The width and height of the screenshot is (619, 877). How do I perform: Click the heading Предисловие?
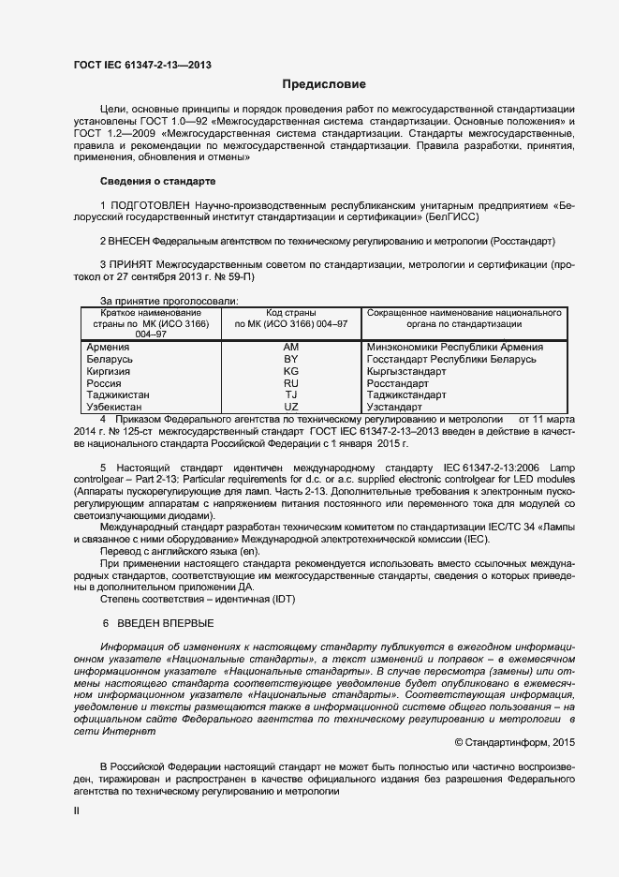click(318, 84)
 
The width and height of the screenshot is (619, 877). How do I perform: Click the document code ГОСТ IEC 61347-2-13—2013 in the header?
click(141, 65)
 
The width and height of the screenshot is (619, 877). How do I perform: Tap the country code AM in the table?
click(290, 347)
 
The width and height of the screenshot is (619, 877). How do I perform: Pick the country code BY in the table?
click(290, 359)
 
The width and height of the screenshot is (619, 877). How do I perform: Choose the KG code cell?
click(290, 371)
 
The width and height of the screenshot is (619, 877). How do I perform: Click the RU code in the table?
click(290, 383)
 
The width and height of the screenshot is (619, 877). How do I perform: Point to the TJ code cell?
click(290, 395)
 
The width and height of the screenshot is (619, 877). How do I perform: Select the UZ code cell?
click(290, 408)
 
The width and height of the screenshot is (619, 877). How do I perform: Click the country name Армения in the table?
click(108, 347)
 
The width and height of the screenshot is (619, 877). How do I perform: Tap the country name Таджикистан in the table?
click(118, 395)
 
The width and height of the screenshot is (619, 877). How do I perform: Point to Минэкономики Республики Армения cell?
click(455, 347)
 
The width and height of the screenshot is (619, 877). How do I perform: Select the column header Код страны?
click(290, 312)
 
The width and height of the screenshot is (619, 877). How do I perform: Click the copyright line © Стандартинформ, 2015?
click(514, 742)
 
